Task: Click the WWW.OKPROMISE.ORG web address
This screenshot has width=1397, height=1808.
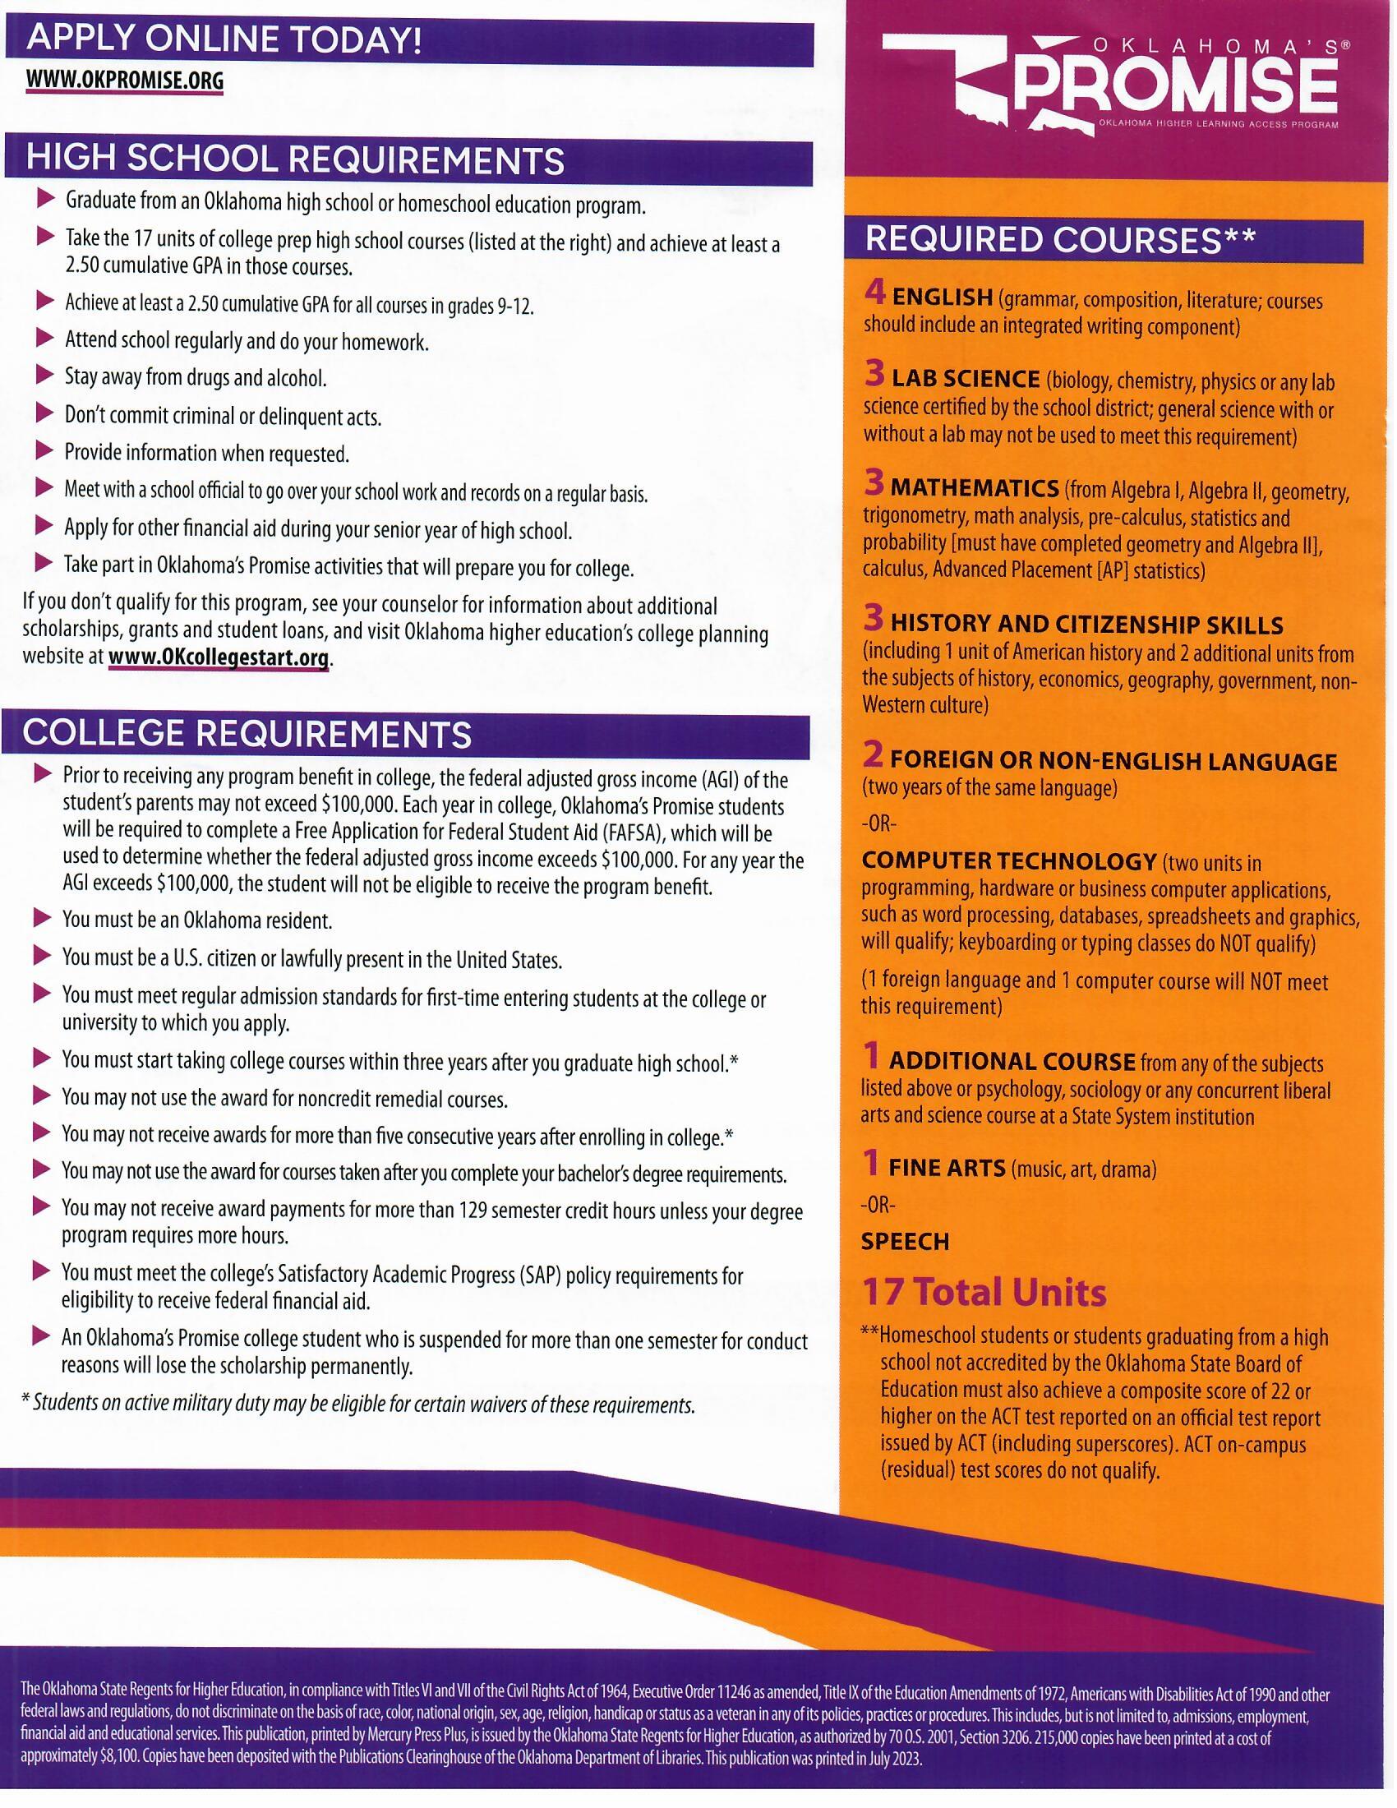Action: coord(124,81)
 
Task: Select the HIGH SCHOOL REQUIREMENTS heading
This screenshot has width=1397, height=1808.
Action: coord(295,160)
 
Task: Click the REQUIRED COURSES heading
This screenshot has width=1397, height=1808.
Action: coord(1059,240)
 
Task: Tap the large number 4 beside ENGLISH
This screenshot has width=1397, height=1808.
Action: coord(875,293)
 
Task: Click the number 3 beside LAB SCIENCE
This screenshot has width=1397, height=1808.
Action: coord(875,376)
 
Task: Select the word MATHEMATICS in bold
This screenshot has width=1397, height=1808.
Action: coord(974,487)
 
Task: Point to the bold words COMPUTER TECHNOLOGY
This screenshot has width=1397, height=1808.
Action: coord(1008,861)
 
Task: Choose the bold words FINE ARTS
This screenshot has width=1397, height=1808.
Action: coord(947,1168)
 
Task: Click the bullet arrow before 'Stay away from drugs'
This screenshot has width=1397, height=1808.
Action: coord(44,376)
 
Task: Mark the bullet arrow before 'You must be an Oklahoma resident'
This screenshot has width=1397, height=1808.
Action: coord(42,918)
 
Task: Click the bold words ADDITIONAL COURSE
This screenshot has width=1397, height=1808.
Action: coord(1012,1061)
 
